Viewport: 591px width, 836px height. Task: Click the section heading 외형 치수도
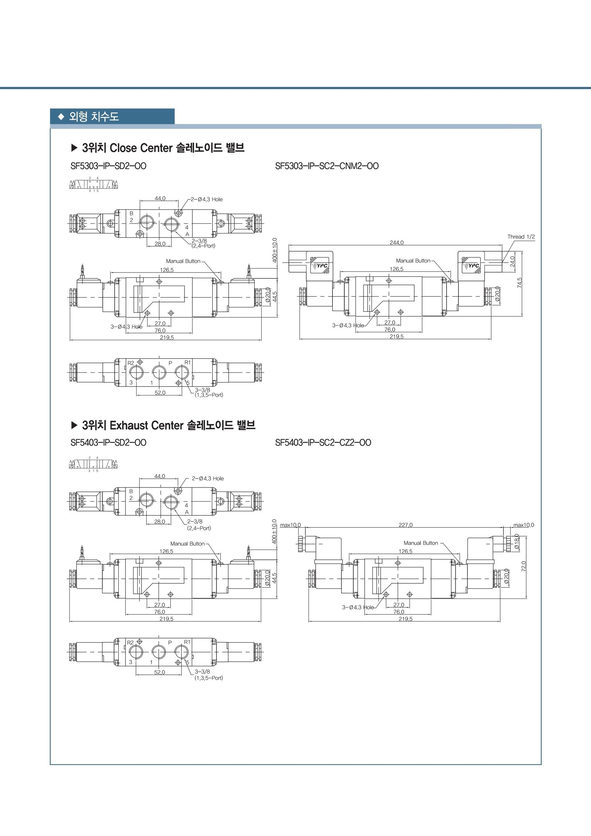coord(94,117)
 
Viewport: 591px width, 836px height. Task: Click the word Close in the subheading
coord(123,148)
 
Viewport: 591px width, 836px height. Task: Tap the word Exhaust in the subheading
coord(128,425)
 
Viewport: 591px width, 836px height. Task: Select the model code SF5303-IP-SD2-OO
coord(108,166)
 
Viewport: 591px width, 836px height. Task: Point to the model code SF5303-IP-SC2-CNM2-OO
coord(327,166)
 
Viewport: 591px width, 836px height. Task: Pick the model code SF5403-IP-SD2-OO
coord(108,443)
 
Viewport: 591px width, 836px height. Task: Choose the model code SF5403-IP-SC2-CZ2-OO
coord(323,443)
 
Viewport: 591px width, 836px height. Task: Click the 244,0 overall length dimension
coord(397,242)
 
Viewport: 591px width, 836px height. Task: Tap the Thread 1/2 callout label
coord(521,237)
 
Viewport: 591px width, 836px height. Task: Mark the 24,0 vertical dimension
coord(513,261)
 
